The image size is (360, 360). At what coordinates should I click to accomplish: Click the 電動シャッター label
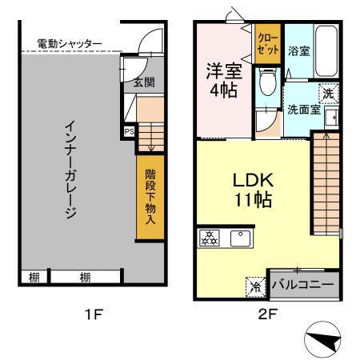[70, 43]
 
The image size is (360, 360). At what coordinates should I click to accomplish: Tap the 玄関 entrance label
[143, 82]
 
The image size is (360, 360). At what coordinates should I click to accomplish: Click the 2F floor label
[268, 314]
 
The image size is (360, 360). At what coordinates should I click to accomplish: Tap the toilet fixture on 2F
[268, 84]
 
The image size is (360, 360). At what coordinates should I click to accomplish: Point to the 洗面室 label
[304, 111]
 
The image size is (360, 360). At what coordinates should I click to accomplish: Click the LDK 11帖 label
[250, 188]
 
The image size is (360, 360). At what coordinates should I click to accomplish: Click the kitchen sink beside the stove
[238, 238]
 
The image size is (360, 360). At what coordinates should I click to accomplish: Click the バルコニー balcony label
[305, 283]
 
